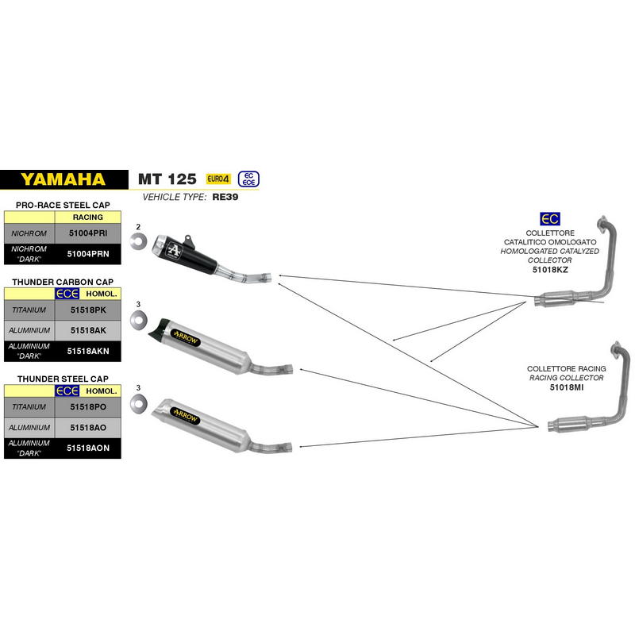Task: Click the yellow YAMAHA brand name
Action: [63, 179]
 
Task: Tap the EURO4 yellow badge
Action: [218, 179]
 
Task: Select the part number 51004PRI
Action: [88, 233]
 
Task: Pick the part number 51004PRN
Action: [88, 254]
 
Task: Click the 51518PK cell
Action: [88, 310]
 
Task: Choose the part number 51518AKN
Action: [88, 351]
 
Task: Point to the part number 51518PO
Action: [88, 406]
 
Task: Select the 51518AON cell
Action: [88, 448]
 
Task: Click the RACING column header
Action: [88, 217]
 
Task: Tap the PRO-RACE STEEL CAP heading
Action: [63, 205]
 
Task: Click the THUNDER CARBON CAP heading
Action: [63, 282]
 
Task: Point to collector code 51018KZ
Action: [550, 270]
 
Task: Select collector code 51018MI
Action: [567, 387]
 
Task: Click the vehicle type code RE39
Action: [225, 197]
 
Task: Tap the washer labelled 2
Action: [138, 241]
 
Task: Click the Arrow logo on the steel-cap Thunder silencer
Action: [186, 416]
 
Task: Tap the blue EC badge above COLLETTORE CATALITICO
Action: [550, 219]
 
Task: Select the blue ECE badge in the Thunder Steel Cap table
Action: [67, 391]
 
